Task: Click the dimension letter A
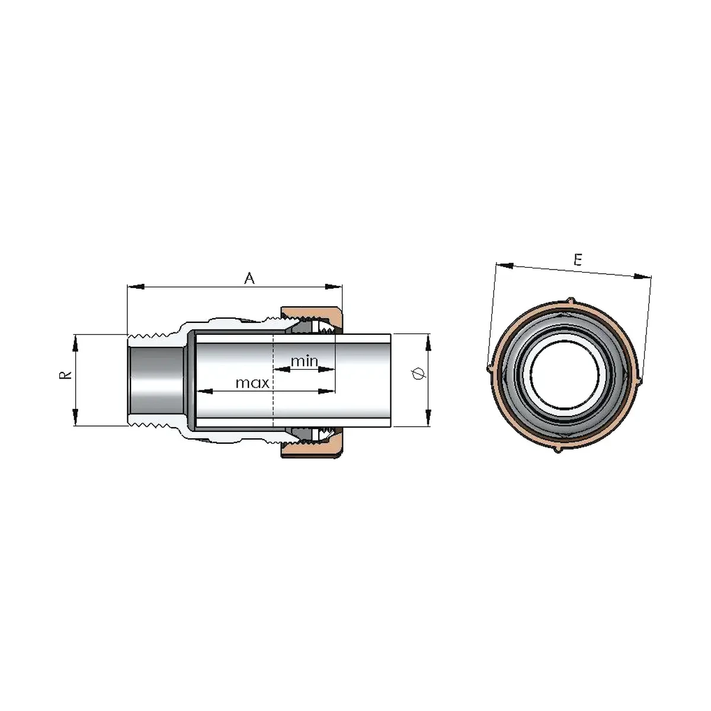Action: pos(250,278)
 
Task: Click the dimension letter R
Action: pos(65,375)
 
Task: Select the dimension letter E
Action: pos(578,260)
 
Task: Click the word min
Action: pos(305,361)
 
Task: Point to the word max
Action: pos(253,383)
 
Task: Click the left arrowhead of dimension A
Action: pos(136,286)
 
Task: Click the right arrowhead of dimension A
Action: pos(334,286)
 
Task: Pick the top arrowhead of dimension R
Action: pos(75,343)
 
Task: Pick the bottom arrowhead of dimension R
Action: pos(75,417)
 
